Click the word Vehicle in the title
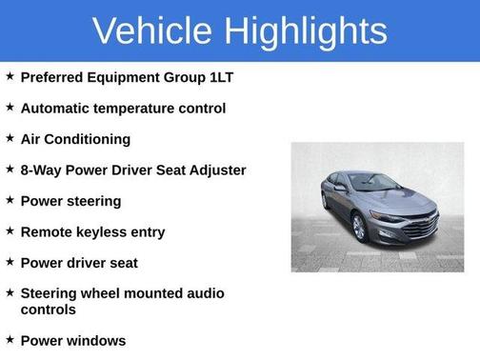point(151,30)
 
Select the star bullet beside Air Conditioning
point(9,138)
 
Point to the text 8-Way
point(41,170)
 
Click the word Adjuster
point(214,170)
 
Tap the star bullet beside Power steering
point(9,200)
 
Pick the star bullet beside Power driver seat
point(9,262)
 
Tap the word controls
point(48,310)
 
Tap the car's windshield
point(374,182)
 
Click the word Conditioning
point(89,139)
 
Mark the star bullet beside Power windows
point(9,339)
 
